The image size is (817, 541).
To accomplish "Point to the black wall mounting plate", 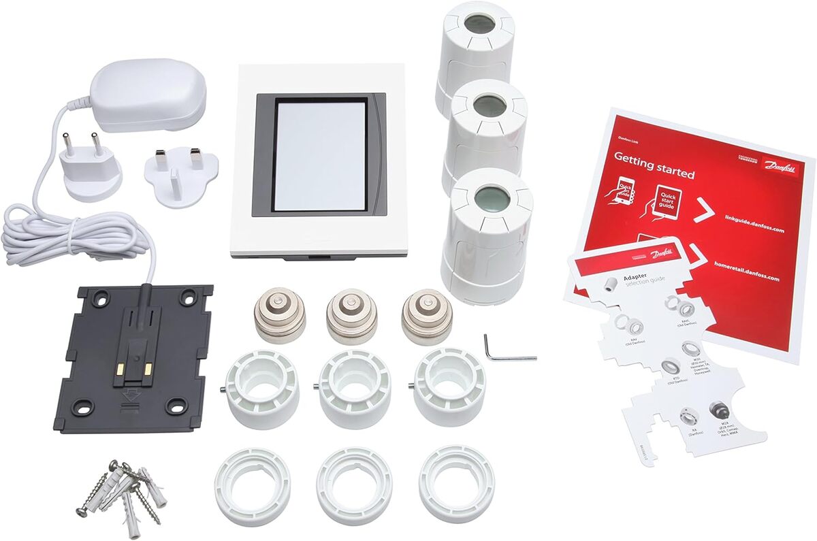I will click(132, 357).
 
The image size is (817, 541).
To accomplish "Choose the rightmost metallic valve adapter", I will click(427, 316).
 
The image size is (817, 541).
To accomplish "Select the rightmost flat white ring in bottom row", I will click(456, 484).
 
